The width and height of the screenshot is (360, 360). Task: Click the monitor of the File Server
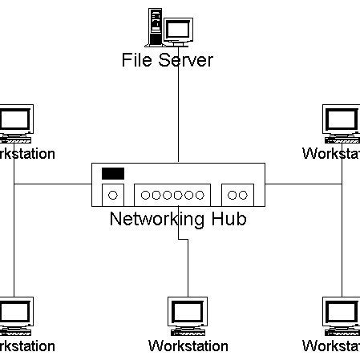point(178,30)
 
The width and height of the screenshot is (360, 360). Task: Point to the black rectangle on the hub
point(113,173)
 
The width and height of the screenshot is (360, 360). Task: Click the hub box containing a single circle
point(113,194)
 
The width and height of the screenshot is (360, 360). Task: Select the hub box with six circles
point(172,194)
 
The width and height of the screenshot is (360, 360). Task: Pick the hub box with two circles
point(237,194)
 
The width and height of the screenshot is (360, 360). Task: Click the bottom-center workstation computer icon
point(188,317)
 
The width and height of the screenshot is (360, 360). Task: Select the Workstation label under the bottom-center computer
point(188,346)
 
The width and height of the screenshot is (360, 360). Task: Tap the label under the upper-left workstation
point(24,154)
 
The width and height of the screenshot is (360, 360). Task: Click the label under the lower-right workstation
point(332,346)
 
